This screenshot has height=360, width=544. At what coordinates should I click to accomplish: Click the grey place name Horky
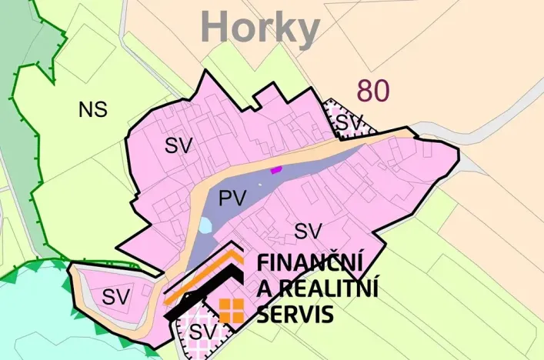(260, 29)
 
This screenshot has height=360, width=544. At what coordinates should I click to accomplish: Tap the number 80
(372, 91)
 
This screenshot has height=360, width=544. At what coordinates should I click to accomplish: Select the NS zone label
(92, 110)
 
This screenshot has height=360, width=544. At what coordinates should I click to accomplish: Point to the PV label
(232, 198)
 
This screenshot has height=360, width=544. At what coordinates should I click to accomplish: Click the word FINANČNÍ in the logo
(309, 263)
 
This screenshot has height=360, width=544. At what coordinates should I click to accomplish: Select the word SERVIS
(295, 314)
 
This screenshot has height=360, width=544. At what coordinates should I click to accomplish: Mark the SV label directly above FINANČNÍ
(308, 230)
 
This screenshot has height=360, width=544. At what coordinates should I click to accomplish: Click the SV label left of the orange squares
(201, 332)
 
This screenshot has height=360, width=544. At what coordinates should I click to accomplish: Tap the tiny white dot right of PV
(260, 185)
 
